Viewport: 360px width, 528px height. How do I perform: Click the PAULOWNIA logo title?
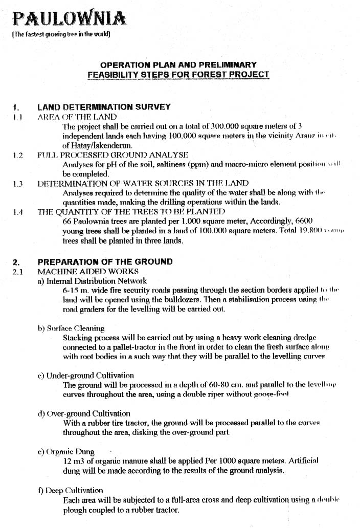pyautogui.click(x=69, y=19)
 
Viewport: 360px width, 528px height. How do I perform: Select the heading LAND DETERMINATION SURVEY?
pyautogui.click(x=104, y=107)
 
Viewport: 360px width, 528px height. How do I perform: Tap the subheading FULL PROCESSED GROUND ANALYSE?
pyautogui.click(x=113, y=155)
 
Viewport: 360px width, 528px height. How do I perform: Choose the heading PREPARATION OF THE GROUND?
pyautogui.click(x=105, y=262)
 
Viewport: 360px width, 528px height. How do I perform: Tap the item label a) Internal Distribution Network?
pyautogui.click(x=92, y=281)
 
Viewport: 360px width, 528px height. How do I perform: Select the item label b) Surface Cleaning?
pyautogui.click(x=71, y=328)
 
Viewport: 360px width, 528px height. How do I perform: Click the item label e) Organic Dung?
pyautogui.click(x=66, y=452)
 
